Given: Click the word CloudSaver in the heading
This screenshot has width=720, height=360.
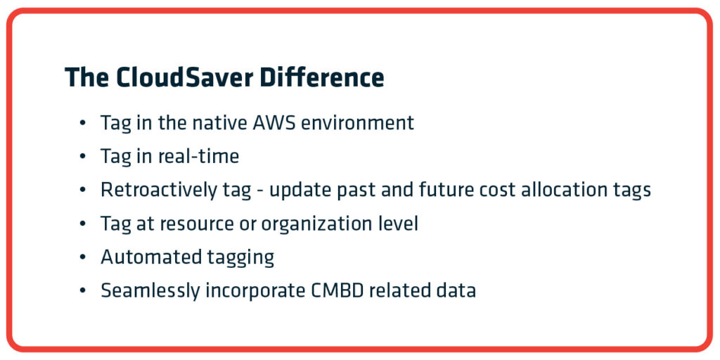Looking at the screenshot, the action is [185, 77].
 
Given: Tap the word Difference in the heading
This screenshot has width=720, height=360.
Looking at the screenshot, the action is [322, 77].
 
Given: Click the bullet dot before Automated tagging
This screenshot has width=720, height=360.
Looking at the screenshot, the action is [83, 258].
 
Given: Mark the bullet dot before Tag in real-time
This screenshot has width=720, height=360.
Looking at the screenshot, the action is [83, 157].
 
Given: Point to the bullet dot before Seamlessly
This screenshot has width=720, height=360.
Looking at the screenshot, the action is [83, 292].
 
